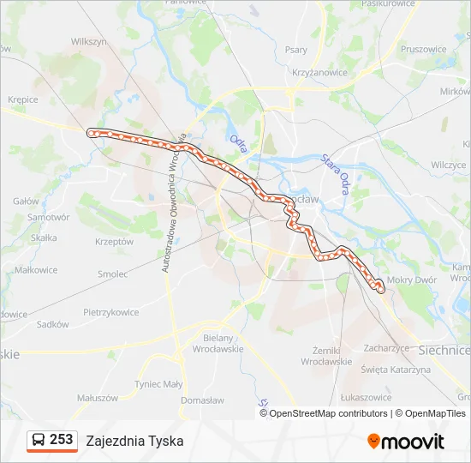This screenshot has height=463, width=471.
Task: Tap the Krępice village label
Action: (x=23, y=99)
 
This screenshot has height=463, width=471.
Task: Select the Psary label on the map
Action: (x=296, y=50)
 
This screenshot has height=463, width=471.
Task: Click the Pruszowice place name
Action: (x=423, y=49)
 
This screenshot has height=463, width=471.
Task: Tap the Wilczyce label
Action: (x=448, y=165)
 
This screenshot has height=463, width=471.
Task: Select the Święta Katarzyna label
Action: (x=396, y=370)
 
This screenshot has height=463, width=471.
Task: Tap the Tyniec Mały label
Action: (x=160, y=384)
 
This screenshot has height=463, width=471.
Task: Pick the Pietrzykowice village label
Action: (x=111, y=312)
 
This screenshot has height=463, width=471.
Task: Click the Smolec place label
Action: (x=112, y=274)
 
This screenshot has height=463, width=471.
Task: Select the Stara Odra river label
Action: (x=337, y=172)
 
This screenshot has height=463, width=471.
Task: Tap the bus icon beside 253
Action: (x=39, y=440)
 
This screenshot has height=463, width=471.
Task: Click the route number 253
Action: (x=61, y=440)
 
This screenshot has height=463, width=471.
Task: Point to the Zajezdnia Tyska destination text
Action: (x=134, y=441)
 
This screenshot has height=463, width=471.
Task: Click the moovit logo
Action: (x=406, y=442)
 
